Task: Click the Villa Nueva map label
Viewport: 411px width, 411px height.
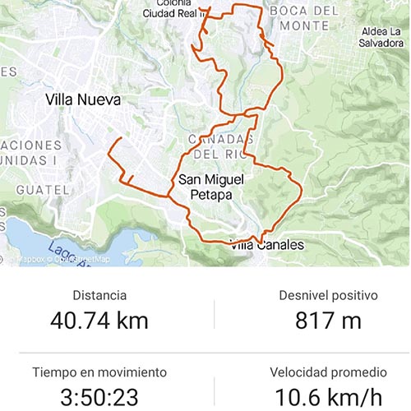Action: (x=83, y=100)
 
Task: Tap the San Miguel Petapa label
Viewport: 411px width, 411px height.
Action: (x=203, y=187)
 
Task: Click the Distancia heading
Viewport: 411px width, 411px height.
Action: (x=99, y=295)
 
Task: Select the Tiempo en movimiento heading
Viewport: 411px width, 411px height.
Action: (x=99, y=372)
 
